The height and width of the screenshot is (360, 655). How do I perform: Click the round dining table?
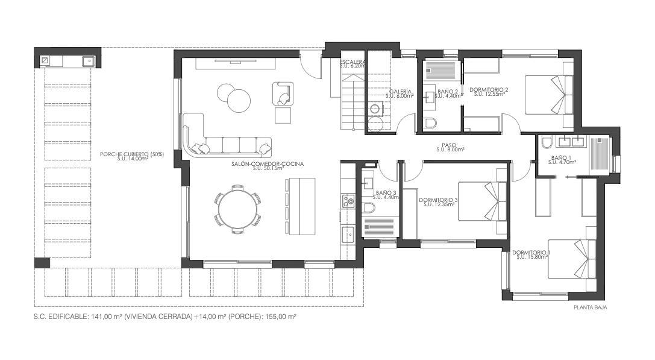click(x=237, y=208)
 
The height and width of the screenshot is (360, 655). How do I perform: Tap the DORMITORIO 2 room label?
click(x=488, y=89)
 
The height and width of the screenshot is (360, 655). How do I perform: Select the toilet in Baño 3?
click(x=368, y=207)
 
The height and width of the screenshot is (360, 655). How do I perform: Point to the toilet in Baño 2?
click(x=430, y=122)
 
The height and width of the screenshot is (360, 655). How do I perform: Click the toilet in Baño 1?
click(x=547, y=143)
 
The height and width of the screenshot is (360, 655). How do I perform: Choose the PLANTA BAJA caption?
click(x=591, y=308)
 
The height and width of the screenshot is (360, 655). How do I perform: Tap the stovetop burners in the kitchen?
click(x=347, y=201)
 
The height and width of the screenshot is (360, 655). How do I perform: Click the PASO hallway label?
click(x=449, y=145)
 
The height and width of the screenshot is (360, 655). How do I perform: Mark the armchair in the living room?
click(x=283, y=93)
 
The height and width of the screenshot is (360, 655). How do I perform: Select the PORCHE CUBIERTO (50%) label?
click(x=131, y=154)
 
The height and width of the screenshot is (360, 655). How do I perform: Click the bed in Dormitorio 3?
click(x=483, y=201)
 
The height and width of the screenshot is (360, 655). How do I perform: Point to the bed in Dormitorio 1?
click(x=572, y=259)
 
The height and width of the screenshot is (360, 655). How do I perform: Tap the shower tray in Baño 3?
click(x=378, y=227)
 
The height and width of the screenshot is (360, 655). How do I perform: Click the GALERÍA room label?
click(x=400, y=92)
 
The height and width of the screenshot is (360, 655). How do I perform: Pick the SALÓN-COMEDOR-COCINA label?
click(x=268, y=164)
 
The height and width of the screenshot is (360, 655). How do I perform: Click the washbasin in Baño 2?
click(x=429, y=97)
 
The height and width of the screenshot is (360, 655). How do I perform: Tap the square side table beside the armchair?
click(x=283, y=115)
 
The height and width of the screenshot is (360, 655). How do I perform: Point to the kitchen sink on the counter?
click(x=347, y=235)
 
